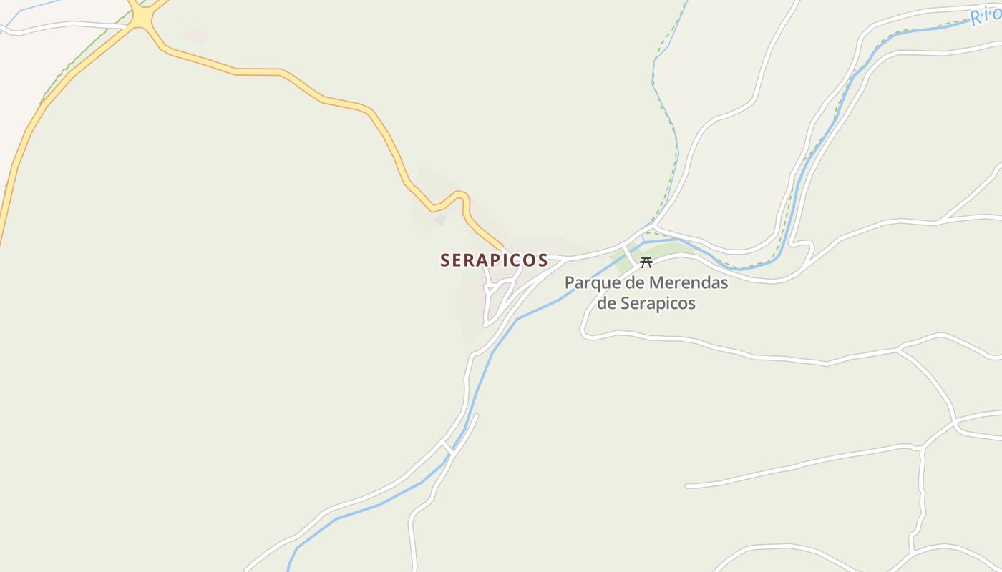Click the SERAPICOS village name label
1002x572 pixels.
(x=494, y=260)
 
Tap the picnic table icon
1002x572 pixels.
(x=646, y=262)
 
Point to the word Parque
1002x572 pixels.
(x=588, y=283)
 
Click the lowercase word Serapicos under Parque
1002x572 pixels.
(x=658, y=303)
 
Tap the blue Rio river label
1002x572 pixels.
(x=986, y=14)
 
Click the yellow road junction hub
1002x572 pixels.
(x=143, y=19)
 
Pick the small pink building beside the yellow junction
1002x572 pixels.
(x=195, y=34)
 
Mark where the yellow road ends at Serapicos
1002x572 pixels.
(x=504, y=250)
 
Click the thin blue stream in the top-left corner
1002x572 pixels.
(x=29, y=10)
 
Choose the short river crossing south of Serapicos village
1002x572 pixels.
(x=448, y=448)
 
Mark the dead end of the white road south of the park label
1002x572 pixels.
(x=687, y=486)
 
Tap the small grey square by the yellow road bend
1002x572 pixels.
(x=441, y=220)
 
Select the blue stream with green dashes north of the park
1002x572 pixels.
(x=666, y=107)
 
